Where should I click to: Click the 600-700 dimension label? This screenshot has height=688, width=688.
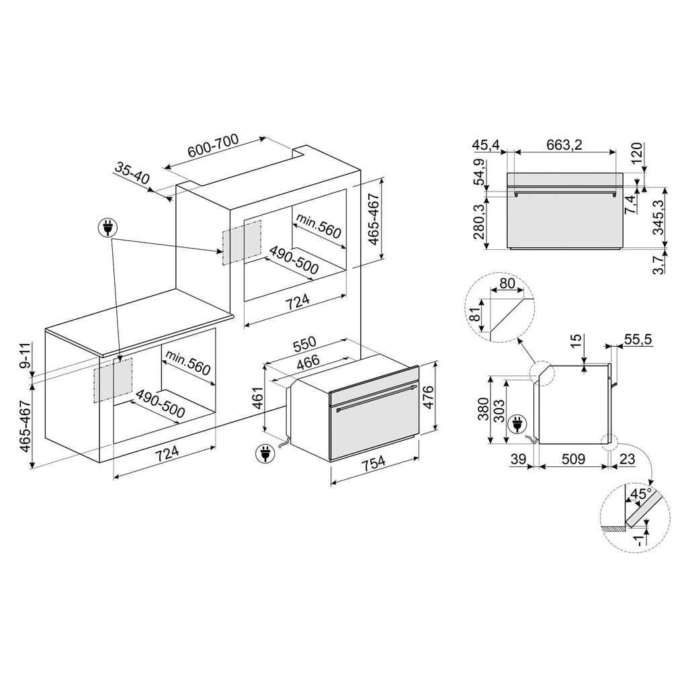[x=213, y=145]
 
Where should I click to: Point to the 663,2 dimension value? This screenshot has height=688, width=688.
[x=564, y=144]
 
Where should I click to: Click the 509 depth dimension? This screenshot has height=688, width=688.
[x=573, y=459]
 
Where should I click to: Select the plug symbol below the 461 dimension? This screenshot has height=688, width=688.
[x=265, y=454]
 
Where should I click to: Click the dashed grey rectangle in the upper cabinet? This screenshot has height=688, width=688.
[x=242, y=243]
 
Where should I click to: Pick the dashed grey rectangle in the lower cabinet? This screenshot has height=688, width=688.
[x=113, y=380]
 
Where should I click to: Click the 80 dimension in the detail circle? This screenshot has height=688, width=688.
[x=507, y=284]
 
